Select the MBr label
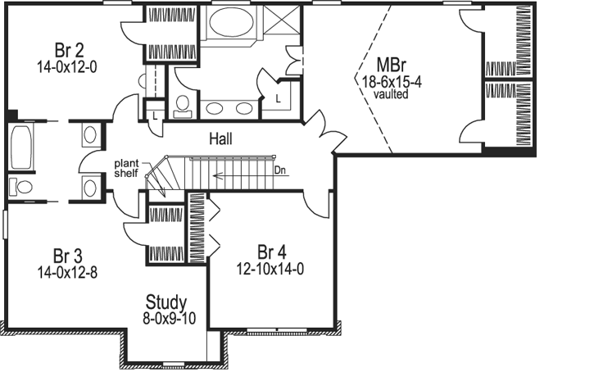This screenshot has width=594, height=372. [x=389, y=65]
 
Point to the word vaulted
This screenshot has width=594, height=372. [x=389, y=93]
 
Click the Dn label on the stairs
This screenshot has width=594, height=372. [x=280, y=170]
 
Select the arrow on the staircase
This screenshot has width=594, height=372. [x=238, y=174]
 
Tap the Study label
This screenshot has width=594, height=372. [x=166, y=302]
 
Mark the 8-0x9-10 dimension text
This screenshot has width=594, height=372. [x=166, y=318]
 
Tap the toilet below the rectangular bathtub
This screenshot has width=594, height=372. [x=22, y=187]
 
